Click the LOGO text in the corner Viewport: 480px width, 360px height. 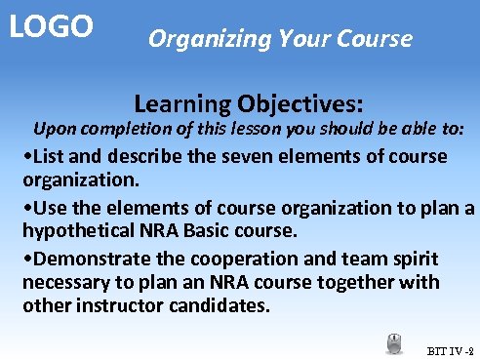click(x=52, y=25)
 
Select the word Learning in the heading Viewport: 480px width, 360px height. click(x=179, y=102)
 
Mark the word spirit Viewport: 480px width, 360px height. click(x=413, y=259)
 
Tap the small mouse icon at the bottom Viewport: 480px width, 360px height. click(x=395, y=343)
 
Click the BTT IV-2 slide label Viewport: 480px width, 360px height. click(x=450, y=349)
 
